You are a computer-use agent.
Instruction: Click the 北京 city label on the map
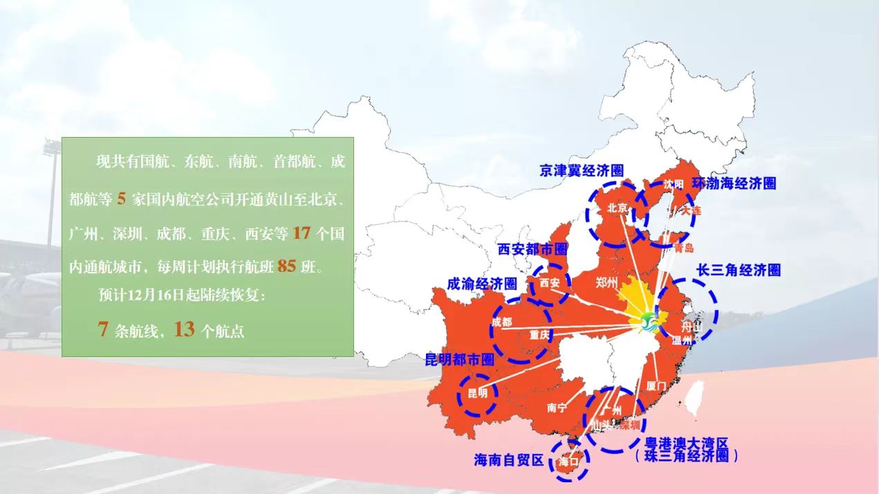click(618, 208)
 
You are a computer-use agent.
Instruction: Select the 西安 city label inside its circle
click(550, 283)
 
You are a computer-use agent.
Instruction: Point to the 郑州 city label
click(607, 282)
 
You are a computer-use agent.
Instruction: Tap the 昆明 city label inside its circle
click(478, 394)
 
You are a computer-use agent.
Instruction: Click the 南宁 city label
click(557, 408)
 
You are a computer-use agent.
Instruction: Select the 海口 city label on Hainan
click(568, 461)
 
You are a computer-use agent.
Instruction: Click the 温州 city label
click(682, 340)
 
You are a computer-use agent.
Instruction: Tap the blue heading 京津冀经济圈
click(582, 170)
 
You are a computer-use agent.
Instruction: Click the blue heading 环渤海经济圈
click(734, 183)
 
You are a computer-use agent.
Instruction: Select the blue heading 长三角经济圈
click(738, 270)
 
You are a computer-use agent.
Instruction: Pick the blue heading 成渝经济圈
click(482, 284)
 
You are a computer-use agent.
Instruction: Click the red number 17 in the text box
click(302, 233)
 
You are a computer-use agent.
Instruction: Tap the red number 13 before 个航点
click(185, 329)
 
